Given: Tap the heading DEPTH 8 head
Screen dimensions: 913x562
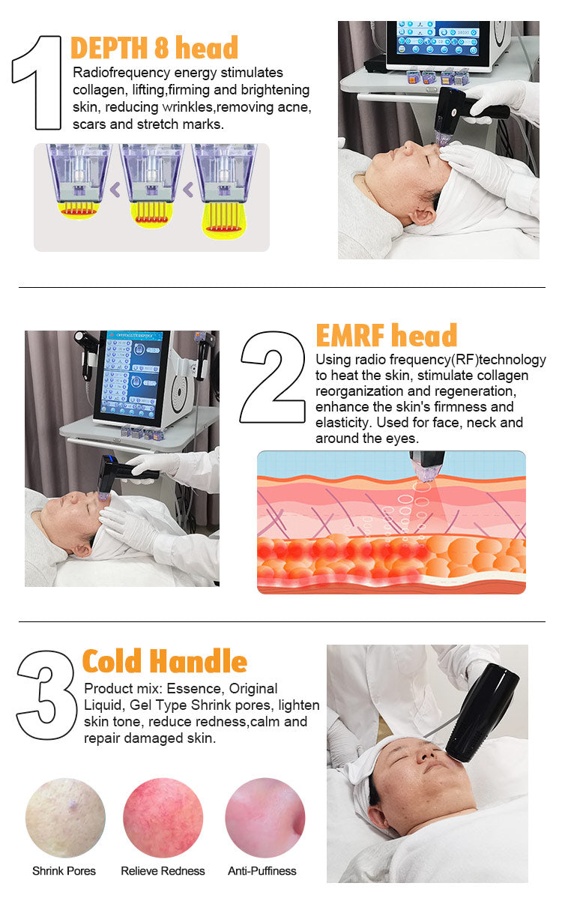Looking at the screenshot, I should (x=154, y=47).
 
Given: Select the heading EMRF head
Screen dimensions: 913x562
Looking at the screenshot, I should (x=386, y=335).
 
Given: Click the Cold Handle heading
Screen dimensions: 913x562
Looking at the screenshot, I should (x=164, y=661).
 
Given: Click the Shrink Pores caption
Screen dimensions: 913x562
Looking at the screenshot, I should (x=64, y=871).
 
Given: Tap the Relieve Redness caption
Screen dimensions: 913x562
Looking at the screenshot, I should (x=163, y=871).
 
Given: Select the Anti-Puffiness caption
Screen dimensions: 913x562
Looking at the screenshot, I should (x=262, y=871).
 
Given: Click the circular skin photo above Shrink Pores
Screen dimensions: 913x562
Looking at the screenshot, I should (x=65, y=818).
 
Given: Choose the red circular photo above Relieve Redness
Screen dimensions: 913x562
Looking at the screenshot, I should (x=163, y=818).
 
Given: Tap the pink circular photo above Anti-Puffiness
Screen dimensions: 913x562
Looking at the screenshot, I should (x=265, y=818).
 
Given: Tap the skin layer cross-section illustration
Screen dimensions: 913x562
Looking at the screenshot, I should (x=391, y=522).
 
